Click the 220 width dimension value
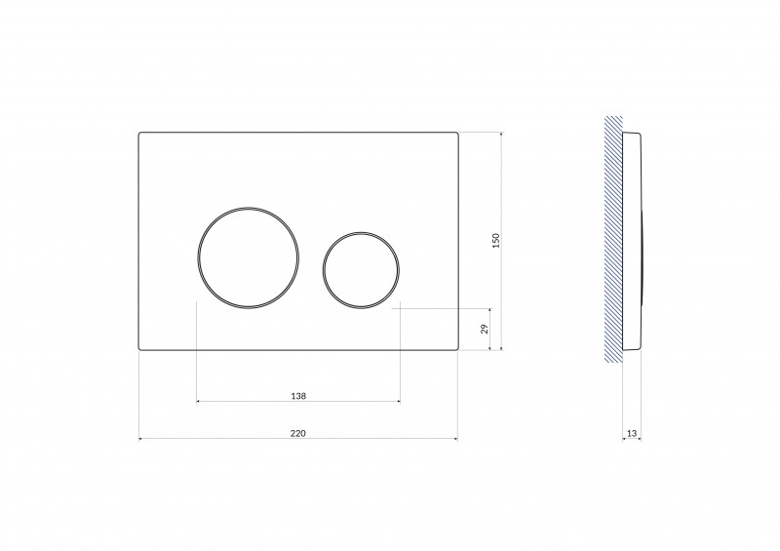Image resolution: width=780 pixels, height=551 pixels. click(x=298, y=431)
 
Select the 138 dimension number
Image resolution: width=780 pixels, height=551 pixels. click(x=298, y=395)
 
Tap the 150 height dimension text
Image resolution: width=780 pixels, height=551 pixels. click(x=495, y=240)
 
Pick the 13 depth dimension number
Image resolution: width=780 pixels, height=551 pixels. click(x=631, y=431)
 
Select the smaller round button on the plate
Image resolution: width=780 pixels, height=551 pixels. click(x=359, y=269)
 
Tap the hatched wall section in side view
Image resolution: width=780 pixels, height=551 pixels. click(x=612, y=240)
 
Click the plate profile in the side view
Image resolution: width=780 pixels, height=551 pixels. click(x=632, y=240)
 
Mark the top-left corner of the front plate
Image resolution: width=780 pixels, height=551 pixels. click(x=140, y=133)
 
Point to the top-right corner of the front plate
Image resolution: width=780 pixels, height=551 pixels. click(x=456, y=133)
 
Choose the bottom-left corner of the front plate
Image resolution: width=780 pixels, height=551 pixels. click(x=140, y=348)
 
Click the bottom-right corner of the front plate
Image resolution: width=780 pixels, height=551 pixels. click(x=456, y=348)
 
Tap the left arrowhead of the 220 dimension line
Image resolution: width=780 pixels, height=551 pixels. click(x=142, y=439)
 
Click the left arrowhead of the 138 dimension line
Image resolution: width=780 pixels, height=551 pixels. click(x=199, y=401)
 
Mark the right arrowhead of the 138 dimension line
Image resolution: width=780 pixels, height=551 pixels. click(x=397, y=401)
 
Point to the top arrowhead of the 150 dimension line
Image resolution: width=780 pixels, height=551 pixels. click(x=501, y=135)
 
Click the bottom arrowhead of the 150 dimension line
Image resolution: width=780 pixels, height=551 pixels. click(x=501, y=347)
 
